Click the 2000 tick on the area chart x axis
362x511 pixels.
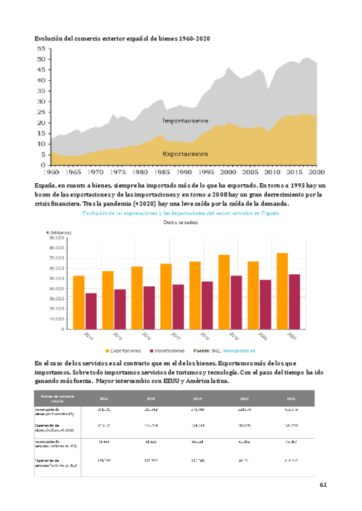pos(229,172)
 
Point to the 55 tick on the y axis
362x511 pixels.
pos(42,48)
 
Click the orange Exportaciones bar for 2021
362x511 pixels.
pos(282,291)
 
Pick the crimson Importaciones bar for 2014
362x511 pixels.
pos(91,311)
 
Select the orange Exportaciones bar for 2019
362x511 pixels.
pos(224,292)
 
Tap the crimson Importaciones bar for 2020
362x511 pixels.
pos(265,304)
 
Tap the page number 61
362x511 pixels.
pos(323,484)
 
